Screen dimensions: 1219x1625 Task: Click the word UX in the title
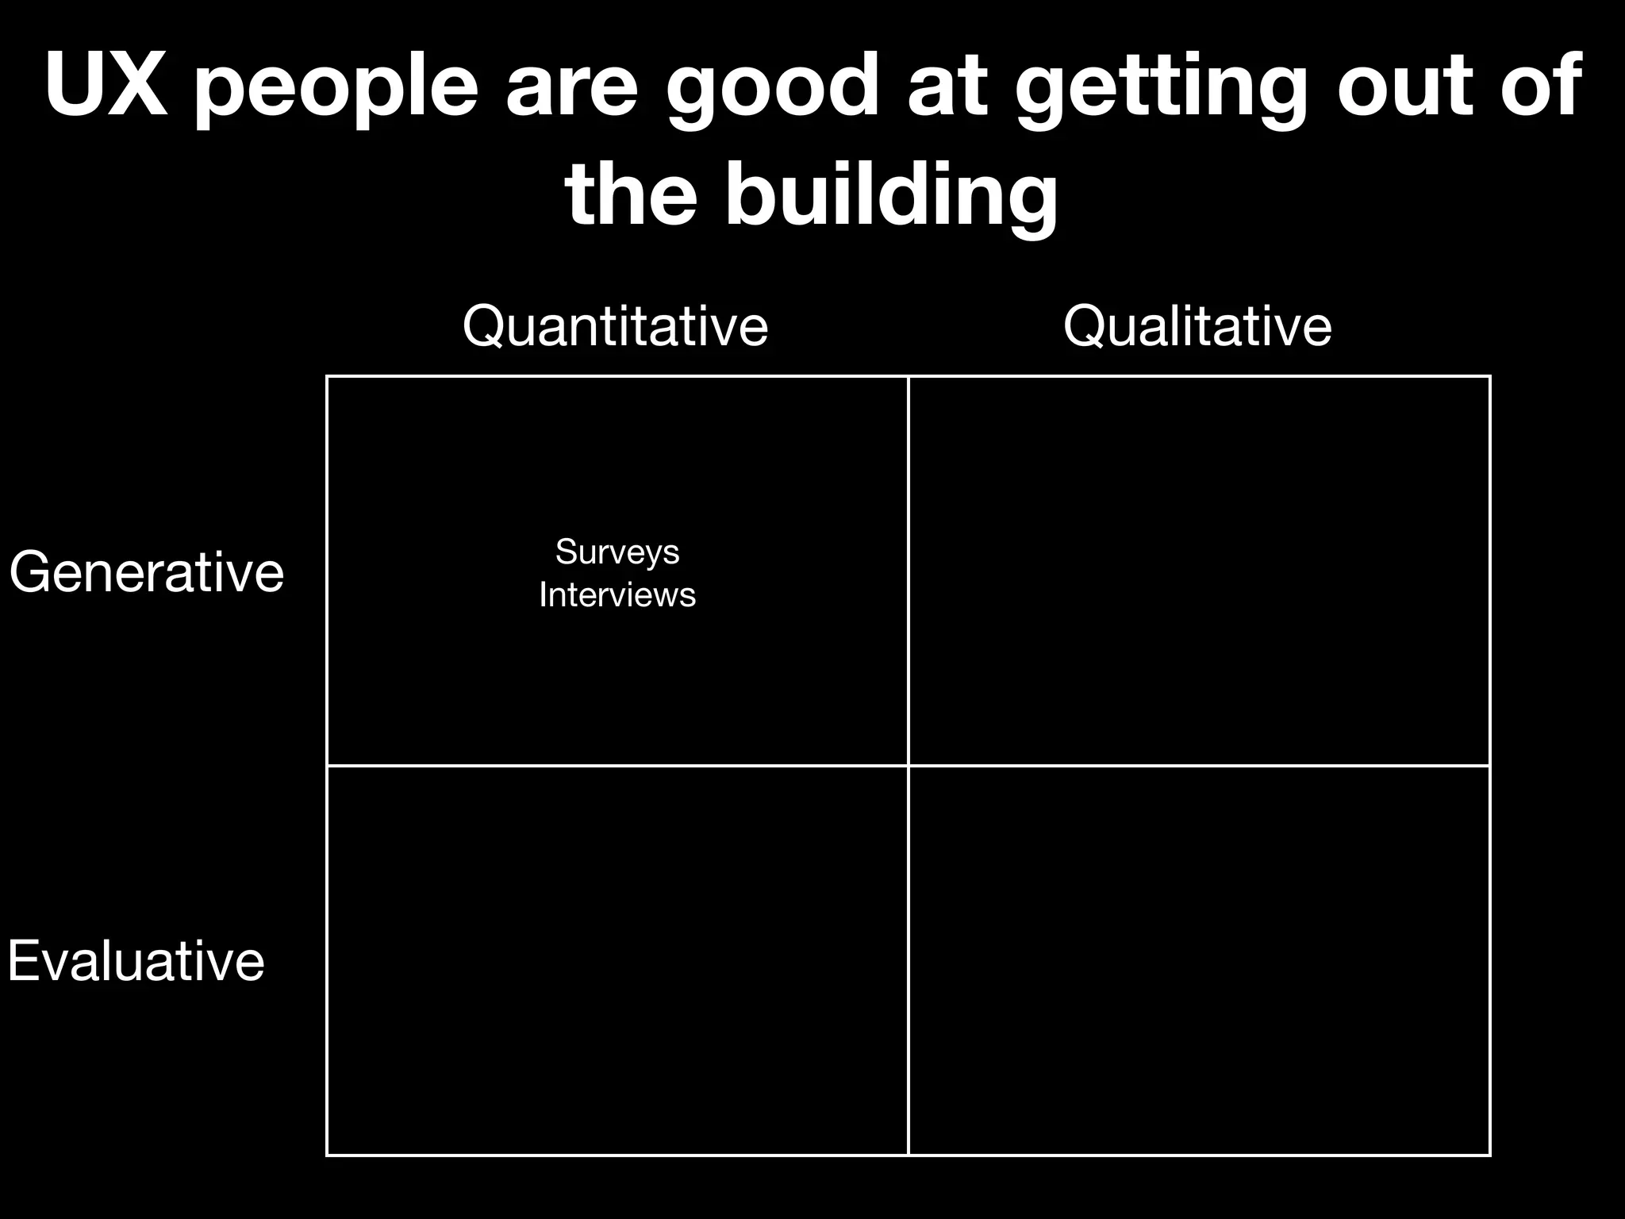point(106,85)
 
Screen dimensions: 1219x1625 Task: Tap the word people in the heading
point(336,89)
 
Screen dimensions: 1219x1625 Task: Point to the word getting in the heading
point(1160,89)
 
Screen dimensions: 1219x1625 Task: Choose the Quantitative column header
point(616,326)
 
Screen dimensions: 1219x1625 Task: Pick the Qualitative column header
point(1197,326)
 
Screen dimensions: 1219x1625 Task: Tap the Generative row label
point(147,572)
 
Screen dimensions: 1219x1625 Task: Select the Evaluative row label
point(136,961)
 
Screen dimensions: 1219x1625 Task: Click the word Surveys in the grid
point(617,552)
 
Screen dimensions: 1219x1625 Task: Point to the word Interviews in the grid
point(617,594)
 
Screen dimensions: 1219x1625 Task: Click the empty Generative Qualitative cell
point(1199,571)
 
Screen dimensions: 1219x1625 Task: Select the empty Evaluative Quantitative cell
point(617,960)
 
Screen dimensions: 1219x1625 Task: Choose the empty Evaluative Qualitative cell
point(1199,960)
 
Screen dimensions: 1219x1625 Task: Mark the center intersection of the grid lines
point(909,766)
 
